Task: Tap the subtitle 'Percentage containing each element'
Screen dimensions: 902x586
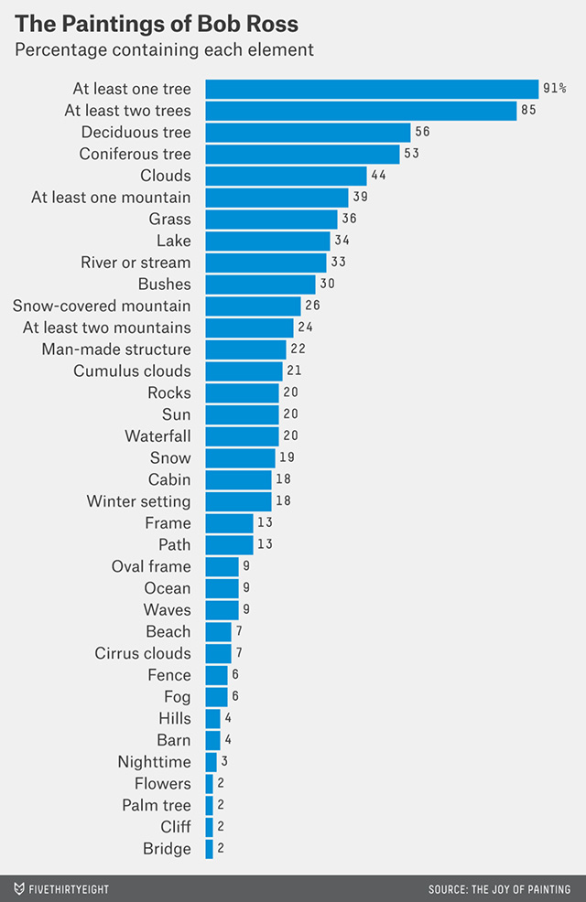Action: [164, 49]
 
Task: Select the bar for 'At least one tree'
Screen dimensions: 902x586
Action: [371, 89]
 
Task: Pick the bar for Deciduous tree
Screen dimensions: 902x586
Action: [307, 133]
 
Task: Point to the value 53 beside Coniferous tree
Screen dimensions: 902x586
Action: [411, 154]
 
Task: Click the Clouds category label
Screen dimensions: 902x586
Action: [166, 176]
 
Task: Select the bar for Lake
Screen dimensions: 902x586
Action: [267, 241]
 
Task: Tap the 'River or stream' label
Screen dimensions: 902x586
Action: [136, 263]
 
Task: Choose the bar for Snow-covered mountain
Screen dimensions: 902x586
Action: [253, 306]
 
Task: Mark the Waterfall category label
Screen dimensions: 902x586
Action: [158, 436]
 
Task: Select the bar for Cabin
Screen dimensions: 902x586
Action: [238, 479]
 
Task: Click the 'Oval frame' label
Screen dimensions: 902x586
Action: [151, 566]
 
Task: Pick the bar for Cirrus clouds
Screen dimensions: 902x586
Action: [218, 653]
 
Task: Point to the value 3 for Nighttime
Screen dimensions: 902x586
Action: [224, 762]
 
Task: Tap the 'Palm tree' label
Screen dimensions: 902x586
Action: [157, 805]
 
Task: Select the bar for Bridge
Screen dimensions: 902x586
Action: [209, 849]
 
